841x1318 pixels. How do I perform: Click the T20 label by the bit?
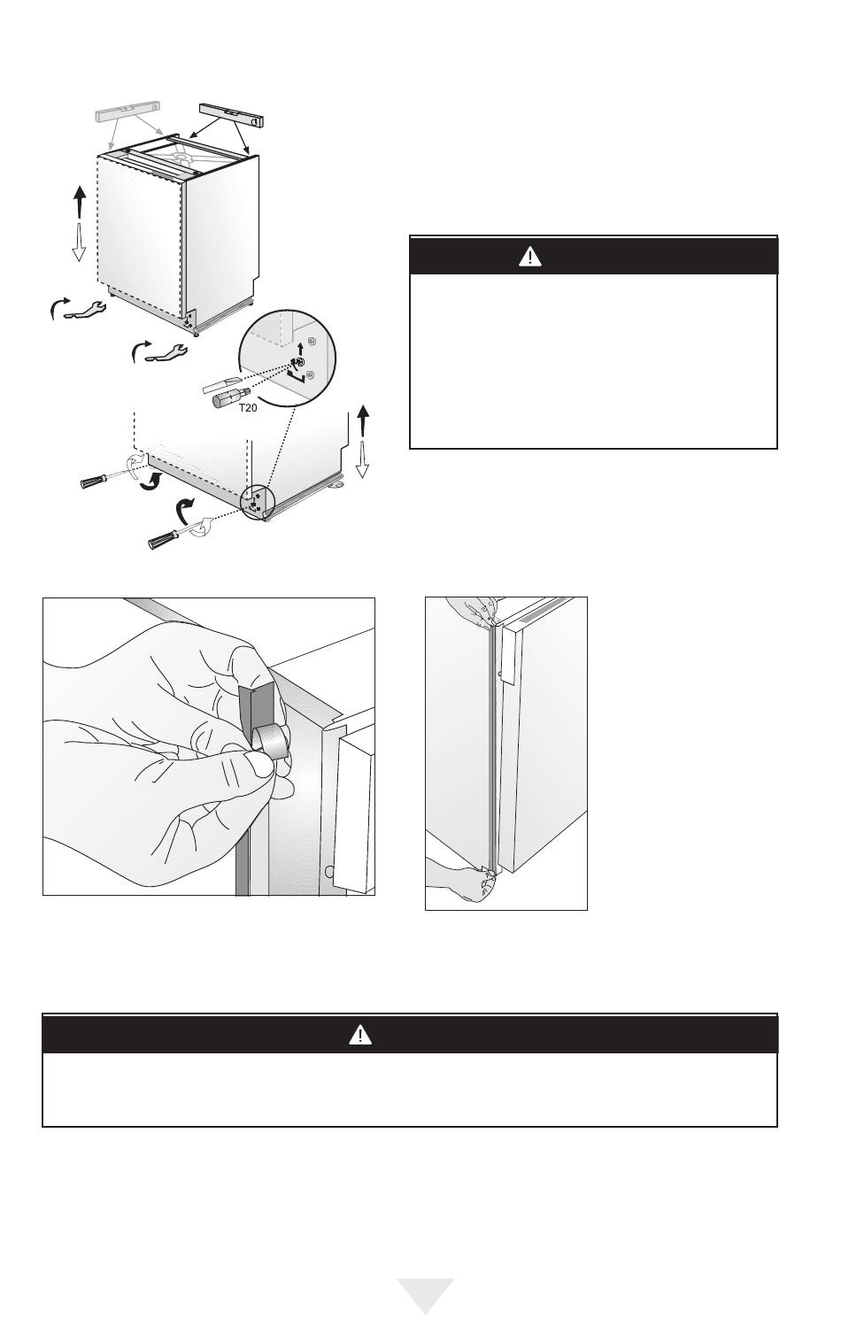pos(247,407)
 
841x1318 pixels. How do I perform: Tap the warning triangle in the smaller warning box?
pos(529,257)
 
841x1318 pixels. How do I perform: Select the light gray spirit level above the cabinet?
pos(127,112)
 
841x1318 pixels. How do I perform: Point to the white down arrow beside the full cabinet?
pos(79,242)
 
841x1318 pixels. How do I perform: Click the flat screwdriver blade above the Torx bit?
pos(220,383)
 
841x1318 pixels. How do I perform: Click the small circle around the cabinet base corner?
pos(258,503)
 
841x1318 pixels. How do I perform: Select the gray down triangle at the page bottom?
pos(425,1293)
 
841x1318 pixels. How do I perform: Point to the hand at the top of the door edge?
pos(472,611)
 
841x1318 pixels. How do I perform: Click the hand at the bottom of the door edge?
pos(463,879)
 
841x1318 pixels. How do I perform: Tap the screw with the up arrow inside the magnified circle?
pos(300,361)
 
